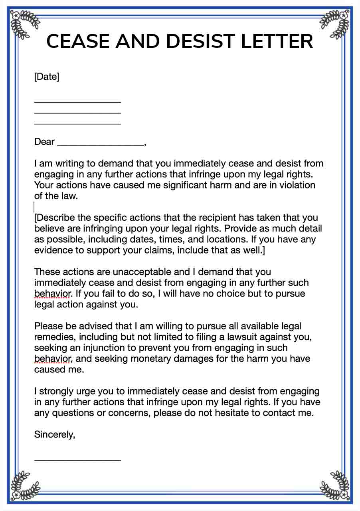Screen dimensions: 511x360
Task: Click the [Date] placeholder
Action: pos(47,77)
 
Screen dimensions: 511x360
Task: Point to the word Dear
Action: pos(44,142)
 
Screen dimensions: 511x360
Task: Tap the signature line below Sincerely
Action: pos(77,460)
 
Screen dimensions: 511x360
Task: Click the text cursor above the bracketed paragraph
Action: pos(34,207)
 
